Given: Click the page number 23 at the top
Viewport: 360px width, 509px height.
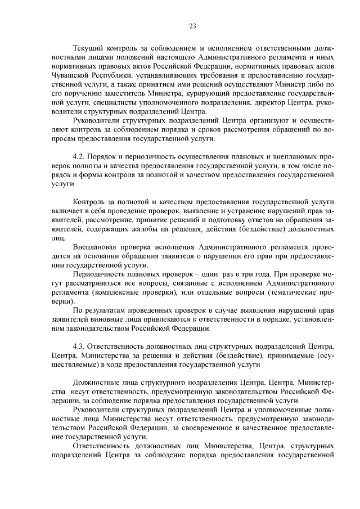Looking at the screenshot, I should [x=192, y=26].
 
